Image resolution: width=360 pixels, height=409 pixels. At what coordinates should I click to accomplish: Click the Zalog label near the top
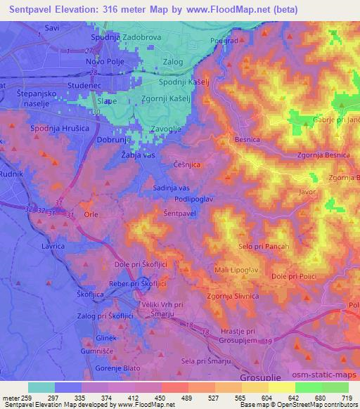click(x=172, y=62)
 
